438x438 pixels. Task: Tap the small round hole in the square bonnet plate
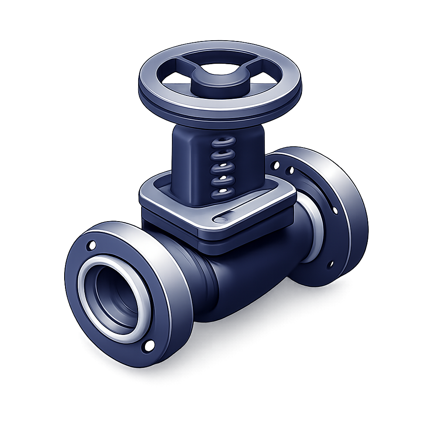(x=220, y=219)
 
